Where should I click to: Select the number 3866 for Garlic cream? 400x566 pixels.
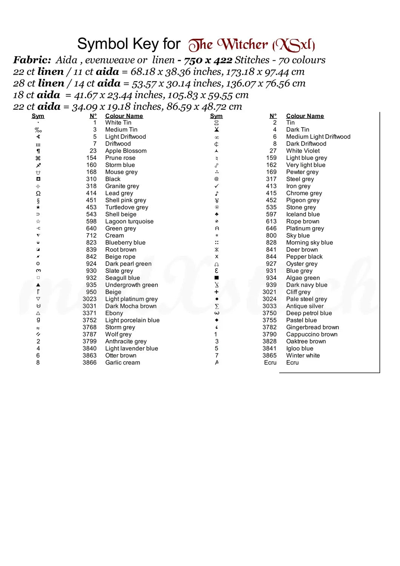coord(89,363)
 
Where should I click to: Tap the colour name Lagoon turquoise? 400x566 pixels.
coord(129,221)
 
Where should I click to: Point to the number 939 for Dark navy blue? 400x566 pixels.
coord(271,285)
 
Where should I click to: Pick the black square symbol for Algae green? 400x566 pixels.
coord(217,278)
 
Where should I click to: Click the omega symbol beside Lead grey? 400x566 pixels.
coord(38,193)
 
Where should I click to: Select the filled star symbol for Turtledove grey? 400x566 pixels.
coord(38,207)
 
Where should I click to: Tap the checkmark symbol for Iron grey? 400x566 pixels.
coord(217,186)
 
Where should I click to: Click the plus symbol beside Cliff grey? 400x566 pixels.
coord(217,292)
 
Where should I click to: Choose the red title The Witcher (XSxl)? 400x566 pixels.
coord(252,45)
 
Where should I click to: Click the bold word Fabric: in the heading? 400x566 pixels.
coord(32,60)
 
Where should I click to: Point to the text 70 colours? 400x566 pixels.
coord(302,60)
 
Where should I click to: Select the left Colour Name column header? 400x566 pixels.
coord(124,116)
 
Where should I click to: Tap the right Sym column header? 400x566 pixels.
coord(216,116)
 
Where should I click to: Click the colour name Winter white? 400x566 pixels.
coord(303,355)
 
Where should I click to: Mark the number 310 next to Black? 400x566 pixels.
coord(91,179)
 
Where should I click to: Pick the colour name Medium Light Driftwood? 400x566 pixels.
coord(318,137)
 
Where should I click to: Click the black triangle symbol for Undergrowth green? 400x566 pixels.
coord(38,285)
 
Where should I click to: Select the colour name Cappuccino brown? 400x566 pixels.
coord(312,334)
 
